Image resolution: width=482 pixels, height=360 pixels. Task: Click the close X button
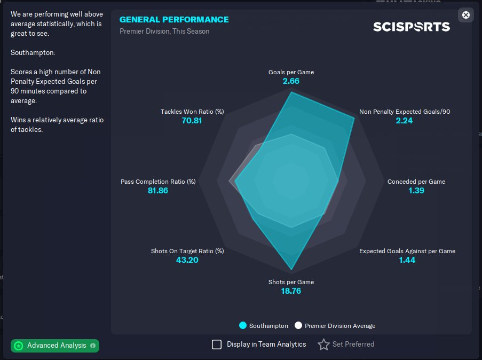pyautogui.click(x=466, y=15)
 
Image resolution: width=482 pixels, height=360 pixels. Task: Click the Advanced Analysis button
pyautogui.click(x=55, y=346)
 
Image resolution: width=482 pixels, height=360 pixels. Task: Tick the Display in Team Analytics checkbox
pyautogui.click(x=217, y=345)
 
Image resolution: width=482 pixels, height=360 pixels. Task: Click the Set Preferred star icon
pyautogui.click(x=323, y=345)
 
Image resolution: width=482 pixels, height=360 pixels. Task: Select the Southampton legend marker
pyautogui.click(x=243, y=326)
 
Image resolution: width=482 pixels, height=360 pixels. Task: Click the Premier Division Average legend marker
pyautogui.click(x=298, y=326)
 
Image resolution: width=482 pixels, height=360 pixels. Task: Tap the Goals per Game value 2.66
pyautogui.click(x=291, y=81)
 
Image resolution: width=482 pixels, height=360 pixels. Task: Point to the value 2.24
pyautogui.click(x=404, y=121)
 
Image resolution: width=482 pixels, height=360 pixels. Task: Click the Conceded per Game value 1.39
pyautogui.click(x=416, y=191)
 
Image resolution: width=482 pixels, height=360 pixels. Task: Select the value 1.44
pyautogui.click(x=407, y=260)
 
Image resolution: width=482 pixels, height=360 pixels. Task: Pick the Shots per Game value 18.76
pyautogui.click(x=291, y=291)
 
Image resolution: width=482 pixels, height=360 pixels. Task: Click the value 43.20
pyautogui.click(x=187, y=260)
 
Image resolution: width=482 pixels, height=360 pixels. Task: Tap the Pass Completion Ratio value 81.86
pyautogui.click(x=158, y=191)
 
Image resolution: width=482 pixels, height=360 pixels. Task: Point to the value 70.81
pyautogui.click(x=192, y=121)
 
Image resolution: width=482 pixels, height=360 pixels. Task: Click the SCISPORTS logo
pyautogui.click(x=411, y=27)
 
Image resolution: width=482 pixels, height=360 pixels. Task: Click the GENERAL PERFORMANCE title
pyautogui.click(x=174, y=20)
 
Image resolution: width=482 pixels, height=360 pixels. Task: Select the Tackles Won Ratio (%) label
pyautogui.click(x=192, y=112)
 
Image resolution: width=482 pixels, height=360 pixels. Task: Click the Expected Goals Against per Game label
pyautogui.click(x=407, y=251)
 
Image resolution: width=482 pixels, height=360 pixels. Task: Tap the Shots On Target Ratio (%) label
pyautogui.click(x=187, y=251)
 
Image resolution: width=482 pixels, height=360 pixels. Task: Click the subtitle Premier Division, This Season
pyautogui.click(x=164, y=32)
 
